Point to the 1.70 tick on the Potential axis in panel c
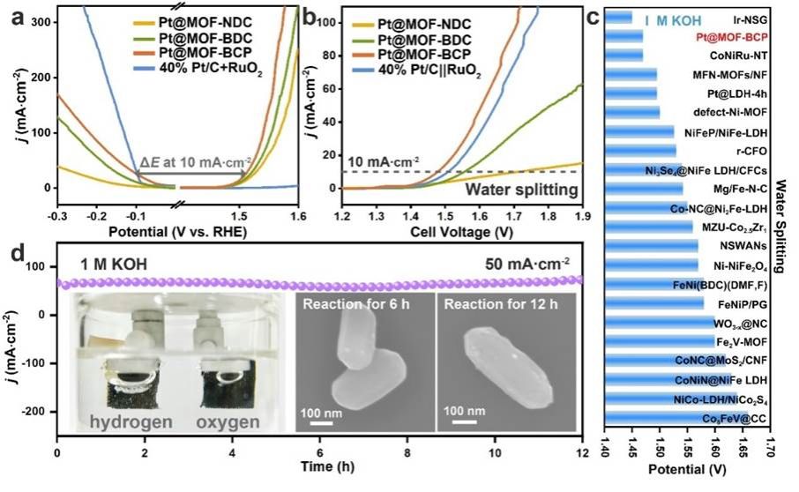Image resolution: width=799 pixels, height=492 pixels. [768, 456]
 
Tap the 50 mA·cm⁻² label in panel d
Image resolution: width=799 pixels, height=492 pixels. [530, 263]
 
